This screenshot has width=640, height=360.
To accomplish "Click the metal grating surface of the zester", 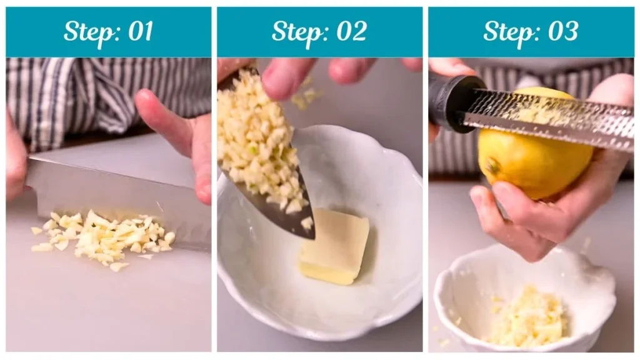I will click(x=550, y=119).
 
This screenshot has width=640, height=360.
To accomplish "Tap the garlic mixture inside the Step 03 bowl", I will click(x=528, y=319).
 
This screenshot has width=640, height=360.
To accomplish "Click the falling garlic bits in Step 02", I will click(x=306, y=97).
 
